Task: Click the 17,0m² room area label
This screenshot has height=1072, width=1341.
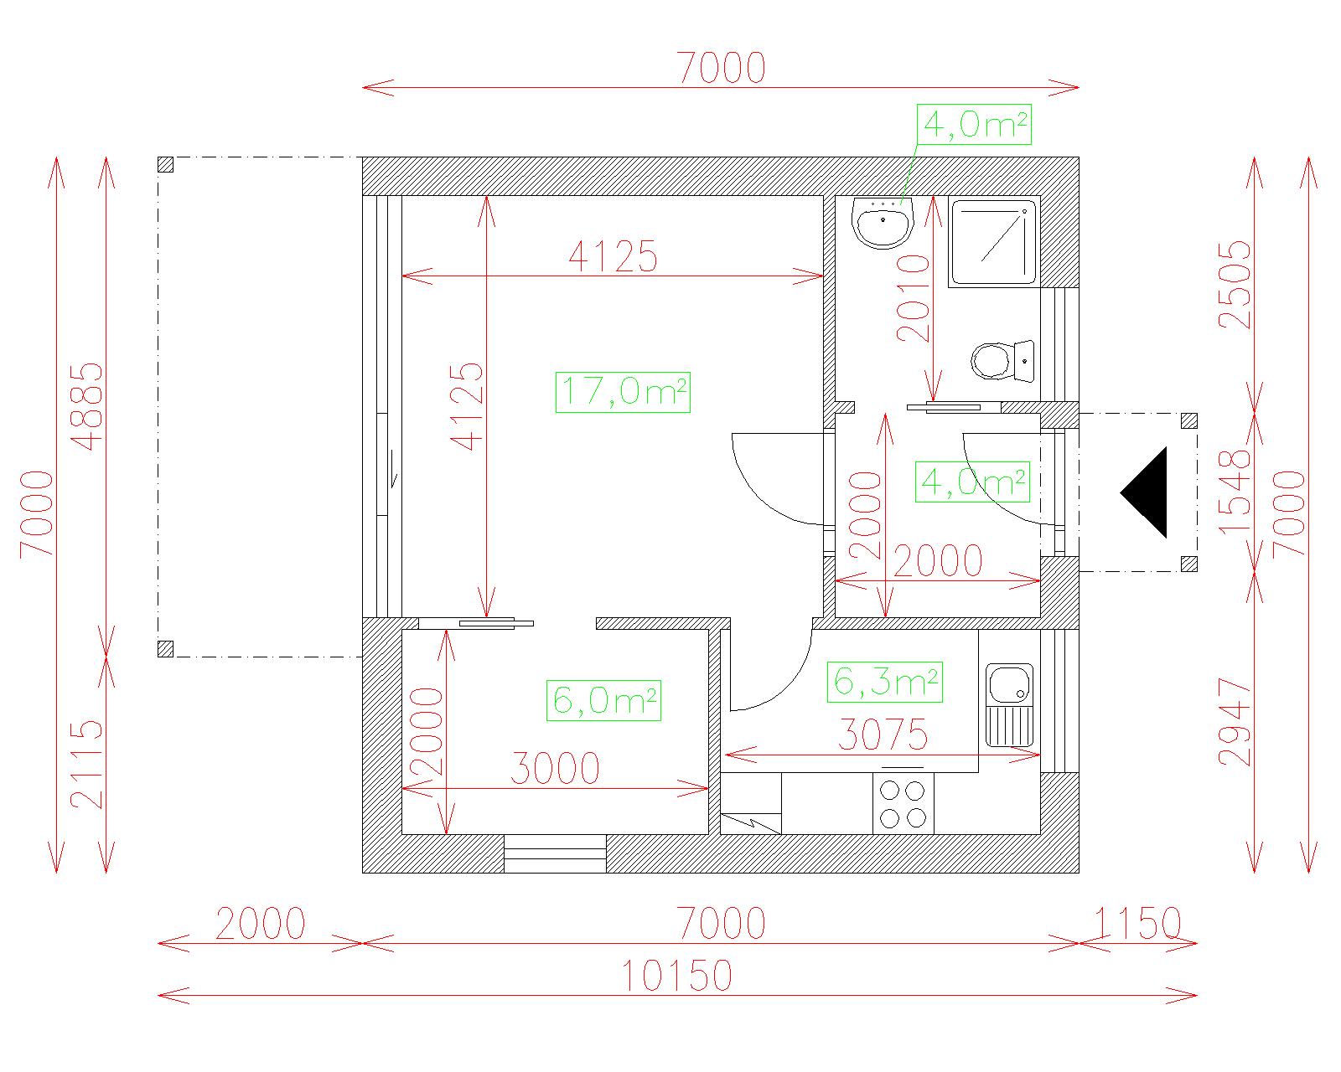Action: coord(623,392)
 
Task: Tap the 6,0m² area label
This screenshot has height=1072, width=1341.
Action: coord(603,700)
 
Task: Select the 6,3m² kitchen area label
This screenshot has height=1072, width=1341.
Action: coord(884,682)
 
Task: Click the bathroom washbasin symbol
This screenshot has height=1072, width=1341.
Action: coord(883,223)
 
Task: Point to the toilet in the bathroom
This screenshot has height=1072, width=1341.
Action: coord(1002,361)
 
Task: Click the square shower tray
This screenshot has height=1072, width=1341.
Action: coord(994,242)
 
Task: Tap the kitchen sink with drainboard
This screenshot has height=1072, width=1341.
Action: coord(1009,705)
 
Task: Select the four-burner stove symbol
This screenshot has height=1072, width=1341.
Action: coord(903,803)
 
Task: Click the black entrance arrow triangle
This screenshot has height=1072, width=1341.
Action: coord(1143,492)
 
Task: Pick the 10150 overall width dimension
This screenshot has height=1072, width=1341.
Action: coord(677,976)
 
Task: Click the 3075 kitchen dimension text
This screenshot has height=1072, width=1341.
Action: coord(883,734)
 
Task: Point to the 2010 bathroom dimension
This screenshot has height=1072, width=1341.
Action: coord(914,298)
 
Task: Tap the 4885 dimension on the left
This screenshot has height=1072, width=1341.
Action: coord(86,406)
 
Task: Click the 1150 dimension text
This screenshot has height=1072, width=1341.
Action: coord(1137,923)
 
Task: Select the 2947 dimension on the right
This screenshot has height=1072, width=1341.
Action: coord(1235,722)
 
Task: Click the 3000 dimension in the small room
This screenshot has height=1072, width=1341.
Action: coord(555,768)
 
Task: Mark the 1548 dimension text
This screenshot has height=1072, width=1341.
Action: coord(1235,492)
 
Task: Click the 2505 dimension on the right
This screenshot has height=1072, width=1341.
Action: coord(1235,285)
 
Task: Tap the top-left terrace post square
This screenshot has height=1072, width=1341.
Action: coord(165,164)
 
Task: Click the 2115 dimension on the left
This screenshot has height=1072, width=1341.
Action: coord(86,765)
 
